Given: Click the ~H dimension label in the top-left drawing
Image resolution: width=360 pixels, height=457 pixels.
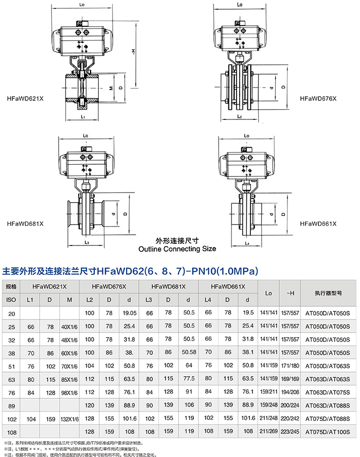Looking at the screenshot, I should click(x=133, y=51).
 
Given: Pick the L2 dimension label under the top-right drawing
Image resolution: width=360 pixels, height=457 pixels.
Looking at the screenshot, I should click(x=239, y=117).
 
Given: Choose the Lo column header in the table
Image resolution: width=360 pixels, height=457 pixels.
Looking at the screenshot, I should click(x=268, y=293).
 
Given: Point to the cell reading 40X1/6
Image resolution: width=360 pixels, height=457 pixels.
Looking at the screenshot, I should click(x=69, y=326).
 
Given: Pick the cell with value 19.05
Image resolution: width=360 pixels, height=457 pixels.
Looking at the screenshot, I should click(x=129, y=313).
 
